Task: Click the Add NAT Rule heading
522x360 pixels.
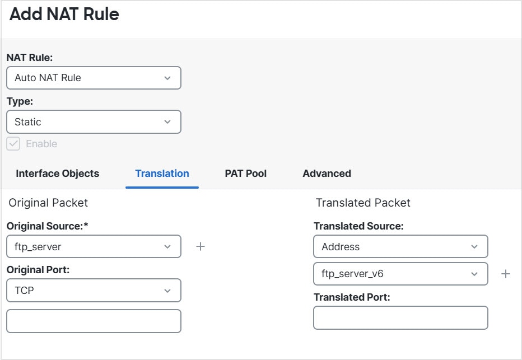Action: tap(64, 14)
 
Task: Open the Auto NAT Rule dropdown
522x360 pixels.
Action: tap(94, 78)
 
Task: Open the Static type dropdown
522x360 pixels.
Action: tap(94, 122)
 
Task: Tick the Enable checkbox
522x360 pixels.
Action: tap(13, 144)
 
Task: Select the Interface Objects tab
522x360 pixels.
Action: tap(57, 174)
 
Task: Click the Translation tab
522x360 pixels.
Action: tap(162, 174)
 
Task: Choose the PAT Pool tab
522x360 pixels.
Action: tap(246, 174)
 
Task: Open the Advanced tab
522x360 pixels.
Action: tap(327, 174)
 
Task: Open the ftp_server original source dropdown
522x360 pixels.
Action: tap(94, 246)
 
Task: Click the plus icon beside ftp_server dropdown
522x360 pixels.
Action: tap(201, 246)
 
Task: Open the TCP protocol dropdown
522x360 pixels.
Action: tap(94, 291)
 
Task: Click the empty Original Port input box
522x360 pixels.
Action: tap(94, 321)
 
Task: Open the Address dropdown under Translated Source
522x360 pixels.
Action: tap(400, 246)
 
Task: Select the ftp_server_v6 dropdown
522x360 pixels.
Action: tap(400, 274)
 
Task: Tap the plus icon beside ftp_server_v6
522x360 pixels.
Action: tap(506, 274)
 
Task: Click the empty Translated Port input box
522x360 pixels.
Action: tap(400, 318)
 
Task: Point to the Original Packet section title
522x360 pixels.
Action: tap(48, 203)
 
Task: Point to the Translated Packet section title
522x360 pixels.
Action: tap(363, 203)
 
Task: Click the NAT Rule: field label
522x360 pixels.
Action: tap(30, 58)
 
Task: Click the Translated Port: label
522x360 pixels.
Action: tap(352, 297)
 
